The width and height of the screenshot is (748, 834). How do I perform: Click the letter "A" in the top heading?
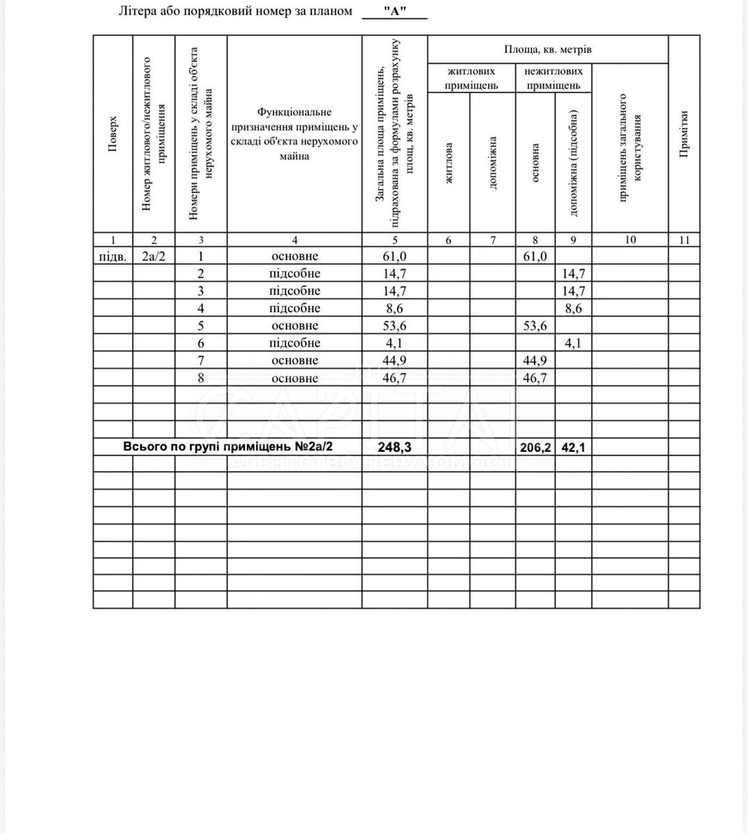tap(395, 12)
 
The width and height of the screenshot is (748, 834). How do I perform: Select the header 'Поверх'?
tap(113, 134)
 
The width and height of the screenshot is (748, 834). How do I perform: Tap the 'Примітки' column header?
tap(684, 134)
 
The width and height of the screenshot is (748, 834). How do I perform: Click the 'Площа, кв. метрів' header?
tap(548, 50)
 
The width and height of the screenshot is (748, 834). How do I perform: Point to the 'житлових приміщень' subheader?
tap(471, 78)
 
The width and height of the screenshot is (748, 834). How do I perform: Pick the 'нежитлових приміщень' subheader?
tap(553, 78)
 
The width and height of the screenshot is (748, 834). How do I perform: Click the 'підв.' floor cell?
tap(113, 256)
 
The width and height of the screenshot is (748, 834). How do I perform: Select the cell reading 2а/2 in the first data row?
tap(154, 256)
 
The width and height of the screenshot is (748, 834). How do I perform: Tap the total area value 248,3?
tap(394, 447)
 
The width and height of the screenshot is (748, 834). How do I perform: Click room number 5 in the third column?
tap(201, 326)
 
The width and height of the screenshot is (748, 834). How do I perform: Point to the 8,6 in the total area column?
tap(394, 309)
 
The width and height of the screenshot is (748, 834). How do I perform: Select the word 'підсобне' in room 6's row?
tap(294, 343)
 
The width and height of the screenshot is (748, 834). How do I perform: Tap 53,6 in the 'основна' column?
tap(535, 326)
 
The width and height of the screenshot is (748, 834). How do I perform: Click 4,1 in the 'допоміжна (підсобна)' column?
tap(574, 343)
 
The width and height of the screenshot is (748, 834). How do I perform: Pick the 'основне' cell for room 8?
tap(294, 378)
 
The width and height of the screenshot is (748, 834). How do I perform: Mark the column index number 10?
tap(630, 240)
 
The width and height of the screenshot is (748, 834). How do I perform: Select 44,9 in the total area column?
tap(394, 361)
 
